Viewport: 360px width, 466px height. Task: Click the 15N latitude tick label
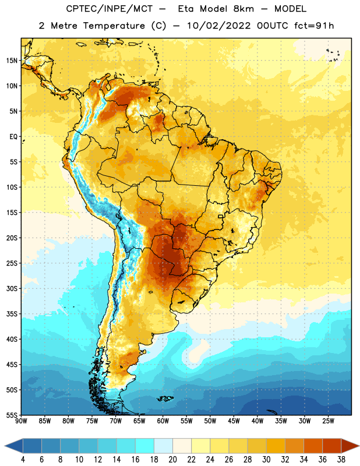(x=12, y=61)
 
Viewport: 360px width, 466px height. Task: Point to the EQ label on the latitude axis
(x=13, y=137)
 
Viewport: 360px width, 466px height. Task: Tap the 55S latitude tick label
(x=12, y=415)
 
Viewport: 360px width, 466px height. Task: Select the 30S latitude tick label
(x=12, y=288)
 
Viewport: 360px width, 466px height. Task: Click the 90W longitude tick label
(x=21, y=421)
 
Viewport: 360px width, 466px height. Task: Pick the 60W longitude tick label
(x=163, y=421)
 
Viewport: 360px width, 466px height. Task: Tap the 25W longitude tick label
(x=328, y=421)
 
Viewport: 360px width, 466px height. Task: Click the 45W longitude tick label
(x=234, y=421)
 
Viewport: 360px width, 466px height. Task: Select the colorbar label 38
(x=341, y=460)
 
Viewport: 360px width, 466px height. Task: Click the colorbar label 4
(x=23, y=460)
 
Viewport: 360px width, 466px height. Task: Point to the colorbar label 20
(x=172, y=460)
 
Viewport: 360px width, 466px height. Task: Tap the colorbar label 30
(x=266, y=460)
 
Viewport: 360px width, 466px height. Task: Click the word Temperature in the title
(x=114, y=26)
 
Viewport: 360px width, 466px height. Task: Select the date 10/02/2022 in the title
(x=218, y=26)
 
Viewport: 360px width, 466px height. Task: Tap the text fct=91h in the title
(x=314, y=26)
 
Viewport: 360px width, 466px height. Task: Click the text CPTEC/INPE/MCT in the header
(x=110, y=9)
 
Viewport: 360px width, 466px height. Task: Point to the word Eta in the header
(x=186, y=9)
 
